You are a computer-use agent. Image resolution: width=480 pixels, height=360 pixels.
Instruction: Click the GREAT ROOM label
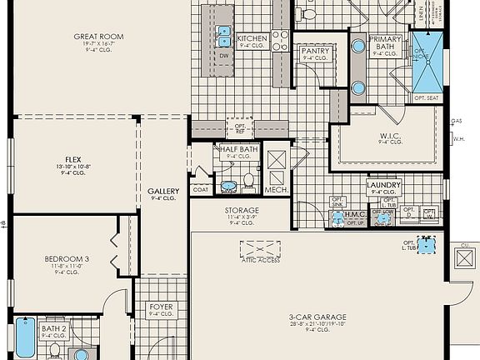[x=98, y=37]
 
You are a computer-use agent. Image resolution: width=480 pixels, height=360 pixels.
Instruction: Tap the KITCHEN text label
[x=252, y=38]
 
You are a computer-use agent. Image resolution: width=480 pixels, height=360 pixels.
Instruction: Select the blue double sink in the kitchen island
[x=224, y=35]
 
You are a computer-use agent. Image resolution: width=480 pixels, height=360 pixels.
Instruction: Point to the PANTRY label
[x=315, y=51]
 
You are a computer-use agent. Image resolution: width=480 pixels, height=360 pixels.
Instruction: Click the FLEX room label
[x=73, y=159]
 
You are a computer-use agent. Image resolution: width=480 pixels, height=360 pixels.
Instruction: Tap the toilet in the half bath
[x=247, y=182]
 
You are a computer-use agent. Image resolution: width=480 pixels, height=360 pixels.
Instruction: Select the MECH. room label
[x=275, y=190]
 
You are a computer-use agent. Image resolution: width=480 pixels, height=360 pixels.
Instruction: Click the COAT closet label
[x=200, y=189]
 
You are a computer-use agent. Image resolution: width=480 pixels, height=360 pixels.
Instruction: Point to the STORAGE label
[x=241, y=211]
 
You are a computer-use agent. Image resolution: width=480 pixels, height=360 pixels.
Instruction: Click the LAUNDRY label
[x=383, y=185]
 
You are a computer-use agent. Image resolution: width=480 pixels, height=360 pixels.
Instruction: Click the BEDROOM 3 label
[x=67, y=259]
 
